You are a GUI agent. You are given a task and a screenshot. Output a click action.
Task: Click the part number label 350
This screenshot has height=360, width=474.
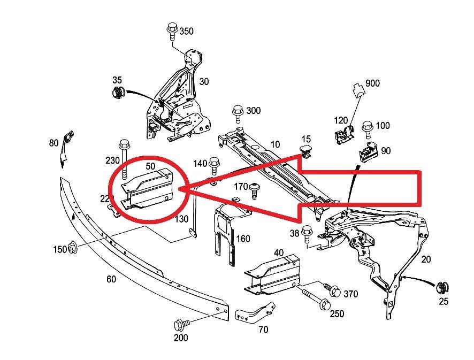point(186,31)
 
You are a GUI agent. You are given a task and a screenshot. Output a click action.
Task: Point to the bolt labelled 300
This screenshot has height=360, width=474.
point(238,114)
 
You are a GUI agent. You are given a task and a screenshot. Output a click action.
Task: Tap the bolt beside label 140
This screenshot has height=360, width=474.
point(215,164)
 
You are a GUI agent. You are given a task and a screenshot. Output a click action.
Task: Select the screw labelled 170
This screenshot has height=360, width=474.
point(255,189)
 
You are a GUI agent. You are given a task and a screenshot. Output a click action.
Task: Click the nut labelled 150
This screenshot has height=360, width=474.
point(74,249)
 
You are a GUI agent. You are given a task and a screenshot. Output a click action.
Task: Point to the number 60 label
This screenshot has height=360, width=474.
point(111,279)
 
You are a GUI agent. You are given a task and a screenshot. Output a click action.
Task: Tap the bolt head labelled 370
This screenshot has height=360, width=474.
point(334,292)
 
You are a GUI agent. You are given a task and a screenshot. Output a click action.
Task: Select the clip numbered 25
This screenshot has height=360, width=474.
point(442,287)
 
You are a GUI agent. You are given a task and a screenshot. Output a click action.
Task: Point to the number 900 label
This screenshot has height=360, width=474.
point(372,83)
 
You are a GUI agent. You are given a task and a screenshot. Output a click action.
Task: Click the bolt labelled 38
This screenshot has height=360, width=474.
point(308,233)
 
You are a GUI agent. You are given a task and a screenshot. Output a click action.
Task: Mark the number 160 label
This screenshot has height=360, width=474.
point(243,239)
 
